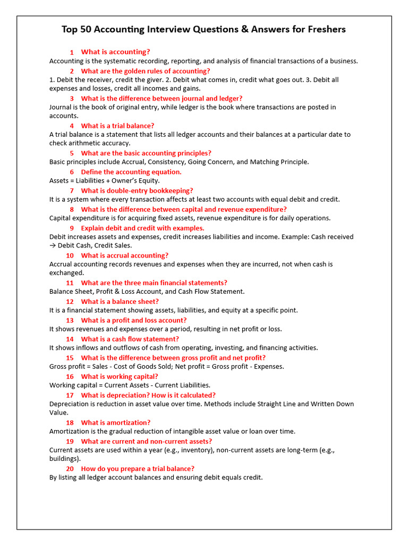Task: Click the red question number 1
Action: coord(71,52)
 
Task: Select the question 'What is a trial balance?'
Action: coord(117,126)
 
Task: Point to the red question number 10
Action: coord(70,255)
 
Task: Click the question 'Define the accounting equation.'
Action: coord(131,172)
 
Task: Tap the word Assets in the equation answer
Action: coord(59,181)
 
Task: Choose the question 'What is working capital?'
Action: coord(120,376)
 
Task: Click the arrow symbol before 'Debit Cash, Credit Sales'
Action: coord(53,246)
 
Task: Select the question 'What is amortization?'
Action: coord(116,423)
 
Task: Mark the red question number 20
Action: coord(70,469)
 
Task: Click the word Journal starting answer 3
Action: coord(61,108)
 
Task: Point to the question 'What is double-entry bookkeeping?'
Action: coord(137,191)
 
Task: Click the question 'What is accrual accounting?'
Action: coord(125,255)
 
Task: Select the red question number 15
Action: coord(70,358)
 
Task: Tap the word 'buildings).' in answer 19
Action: coord(65,459)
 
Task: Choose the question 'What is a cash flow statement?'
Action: coord(130,339)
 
